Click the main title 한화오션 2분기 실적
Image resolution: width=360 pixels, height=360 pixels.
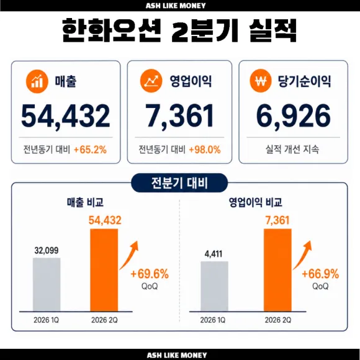(179, 30)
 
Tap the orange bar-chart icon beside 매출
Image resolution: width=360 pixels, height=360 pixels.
(37, 81)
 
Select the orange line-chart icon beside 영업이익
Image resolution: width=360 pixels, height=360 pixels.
(151, 81)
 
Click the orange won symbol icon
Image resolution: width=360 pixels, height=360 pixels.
(261, 81)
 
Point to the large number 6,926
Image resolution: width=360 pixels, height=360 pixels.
(294, 116)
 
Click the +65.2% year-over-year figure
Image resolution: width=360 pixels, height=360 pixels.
(90, 150)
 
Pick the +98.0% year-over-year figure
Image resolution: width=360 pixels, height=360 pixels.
(205, 150)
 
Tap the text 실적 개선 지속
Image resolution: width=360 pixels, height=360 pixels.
(292, 149)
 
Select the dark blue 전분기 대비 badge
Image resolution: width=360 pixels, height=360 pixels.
(179, 183)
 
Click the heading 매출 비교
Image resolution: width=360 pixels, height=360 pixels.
(85, 202)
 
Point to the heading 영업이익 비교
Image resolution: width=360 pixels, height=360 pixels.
(256, 202)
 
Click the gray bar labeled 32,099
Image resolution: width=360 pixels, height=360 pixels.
(47, 284)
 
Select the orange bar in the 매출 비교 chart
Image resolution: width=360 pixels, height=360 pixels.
(104, 270)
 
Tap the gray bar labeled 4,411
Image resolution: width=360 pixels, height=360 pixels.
(214, 286)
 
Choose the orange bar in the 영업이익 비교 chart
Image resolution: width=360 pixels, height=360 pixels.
(277, 270)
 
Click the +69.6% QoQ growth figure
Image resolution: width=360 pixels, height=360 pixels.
(150, 274)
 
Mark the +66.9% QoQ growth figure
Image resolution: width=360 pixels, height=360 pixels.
(320, 274)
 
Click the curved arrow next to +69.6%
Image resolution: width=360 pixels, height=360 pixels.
(130, 257)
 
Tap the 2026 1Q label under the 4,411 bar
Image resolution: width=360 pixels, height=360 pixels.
(213, 320)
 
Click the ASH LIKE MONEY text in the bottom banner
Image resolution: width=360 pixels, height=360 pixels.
(177, 355)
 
